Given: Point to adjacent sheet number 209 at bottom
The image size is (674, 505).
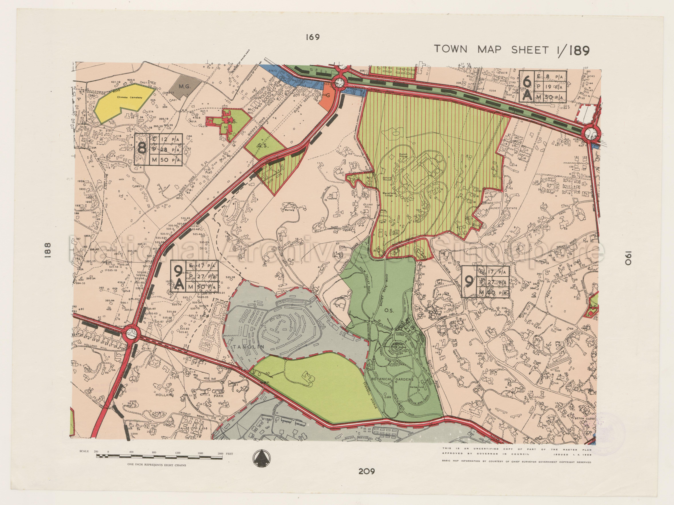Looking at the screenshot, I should coord(366,472).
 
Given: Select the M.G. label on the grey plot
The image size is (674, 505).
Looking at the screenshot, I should coord(185,86).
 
